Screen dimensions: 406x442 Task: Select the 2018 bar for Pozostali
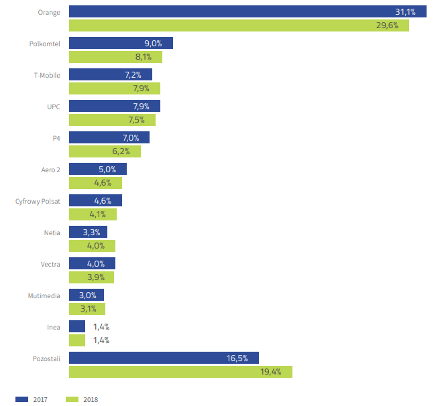180,372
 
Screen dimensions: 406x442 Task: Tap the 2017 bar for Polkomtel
121,43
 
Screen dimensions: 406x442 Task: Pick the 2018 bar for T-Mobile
115,88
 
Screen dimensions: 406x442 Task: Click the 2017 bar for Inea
77,326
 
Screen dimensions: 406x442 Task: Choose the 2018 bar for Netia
92,246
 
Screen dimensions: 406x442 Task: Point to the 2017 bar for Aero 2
98,169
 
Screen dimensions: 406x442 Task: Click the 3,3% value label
93,232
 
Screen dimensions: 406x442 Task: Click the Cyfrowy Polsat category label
38,201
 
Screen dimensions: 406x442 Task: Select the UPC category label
54,107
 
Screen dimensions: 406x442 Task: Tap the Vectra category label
50,264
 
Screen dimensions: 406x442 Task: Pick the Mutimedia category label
44,295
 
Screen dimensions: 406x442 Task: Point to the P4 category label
56,138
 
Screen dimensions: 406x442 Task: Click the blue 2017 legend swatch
21,399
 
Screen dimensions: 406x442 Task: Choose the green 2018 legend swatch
72,399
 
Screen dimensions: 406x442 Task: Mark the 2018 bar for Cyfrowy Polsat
93,214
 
